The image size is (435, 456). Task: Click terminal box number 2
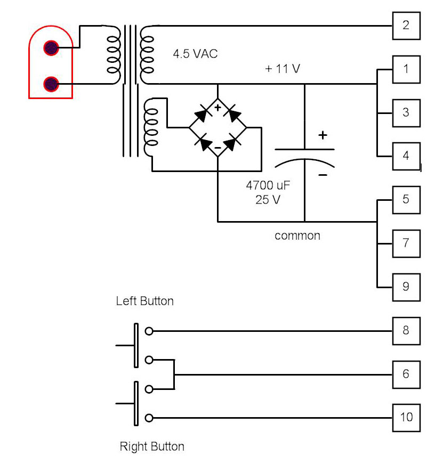point(406,26)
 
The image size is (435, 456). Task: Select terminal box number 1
point(406,69)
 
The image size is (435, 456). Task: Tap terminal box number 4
point(406,156)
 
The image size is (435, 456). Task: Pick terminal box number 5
point(406,200)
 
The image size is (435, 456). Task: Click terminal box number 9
point(406,287)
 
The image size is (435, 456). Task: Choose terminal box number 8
point(406,330)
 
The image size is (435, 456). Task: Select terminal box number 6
point(406,374)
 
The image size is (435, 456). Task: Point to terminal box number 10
point(406,417)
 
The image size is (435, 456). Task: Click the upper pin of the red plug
point(51,48)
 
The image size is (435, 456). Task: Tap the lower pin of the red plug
point(51,84)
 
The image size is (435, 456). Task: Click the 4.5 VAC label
point(195,54)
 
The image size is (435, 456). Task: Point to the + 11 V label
point(283,69)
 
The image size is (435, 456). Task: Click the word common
point(297,235)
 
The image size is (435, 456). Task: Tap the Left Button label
point(144,301)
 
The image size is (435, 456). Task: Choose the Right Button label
point(152,446)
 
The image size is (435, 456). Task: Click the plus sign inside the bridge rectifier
point(217,108)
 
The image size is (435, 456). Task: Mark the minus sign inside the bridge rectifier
point(217,147)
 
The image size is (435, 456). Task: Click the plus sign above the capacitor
point(323,135)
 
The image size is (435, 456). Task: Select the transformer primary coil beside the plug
point(112,55)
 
